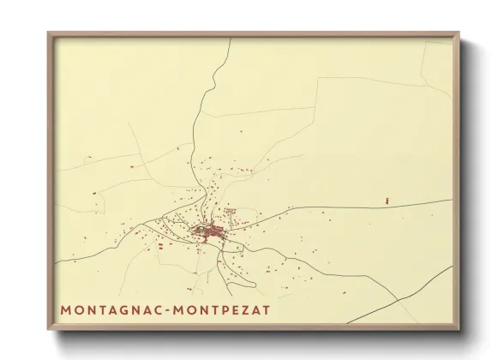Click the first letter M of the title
point(66,307)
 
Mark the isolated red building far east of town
point(387,200)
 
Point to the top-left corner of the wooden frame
point(49,33)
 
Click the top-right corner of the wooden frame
point(459,33)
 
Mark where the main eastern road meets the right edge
point(452,201)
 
